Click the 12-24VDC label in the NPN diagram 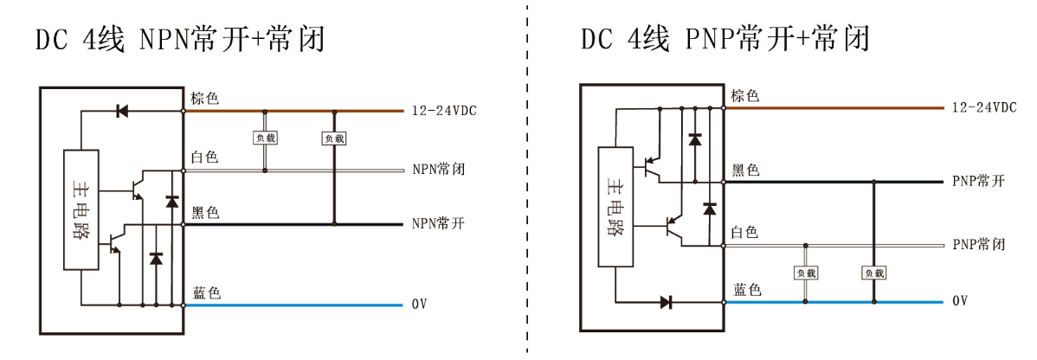[443, 111]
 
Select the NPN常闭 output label [438, 170]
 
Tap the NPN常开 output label [438, 224]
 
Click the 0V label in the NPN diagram [420, 305]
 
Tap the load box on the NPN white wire [264, 138]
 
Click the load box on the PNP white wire [806, 273]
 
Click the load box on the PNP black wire [874, 273]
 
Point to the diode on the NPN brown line [122, 111]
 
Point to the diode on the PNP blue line [667, 302]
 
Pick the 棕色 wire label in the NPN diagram [205, 99]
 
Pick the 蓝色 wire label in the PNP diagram [746, 290]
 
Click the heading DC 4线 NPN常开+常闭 [180, 40]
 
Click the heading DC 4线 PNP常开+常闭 [725, 39]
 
